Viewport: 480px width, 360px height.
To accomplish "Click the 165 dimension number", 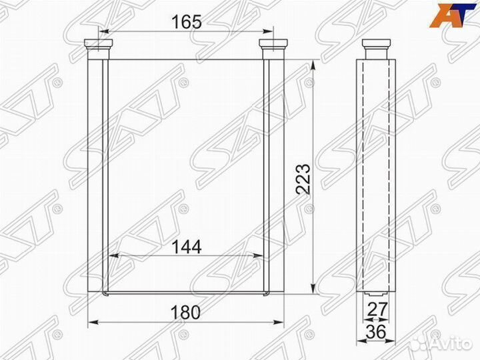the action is (x=187, y=21).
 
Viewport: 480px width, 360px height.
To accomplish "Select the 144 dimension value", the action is (x=186, y=247).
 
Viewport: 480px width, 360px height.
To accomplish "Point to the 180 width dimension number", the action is (x=185, y=312).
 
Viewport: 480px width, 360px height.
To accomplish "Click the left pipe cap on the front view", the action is (x=99, y=44).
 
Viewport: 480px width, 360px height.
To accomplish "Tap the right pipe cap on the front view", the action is (x=273, y=44).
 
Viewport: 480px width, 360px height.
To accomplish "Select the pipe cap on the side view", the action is (x=377, y=44).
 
